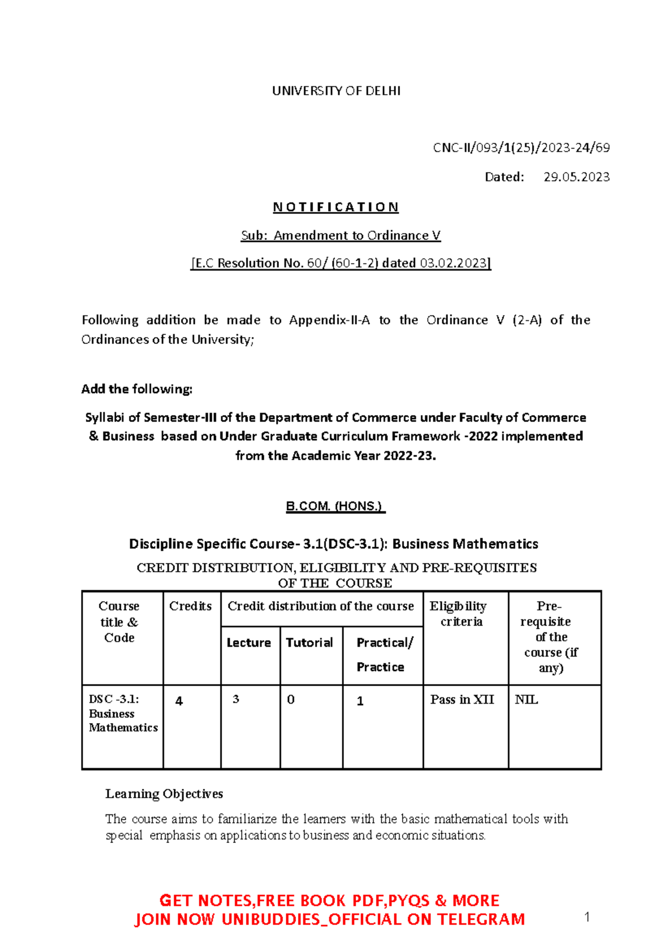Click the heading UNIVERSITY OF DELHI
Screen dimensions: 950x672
[x=336, y=91]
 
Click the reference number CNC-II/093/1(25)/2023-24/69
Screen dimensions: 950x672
[x=521, y=148]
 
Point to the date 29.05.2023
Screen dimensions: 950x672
[x=576, y=177]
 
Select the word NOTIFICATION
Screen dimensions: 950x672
[x=336, y=207]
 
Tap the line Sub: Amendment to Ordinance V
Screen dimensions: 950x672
[x=340, y=236]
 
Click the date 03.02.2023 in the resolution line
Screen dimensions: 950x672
[x=455, y=263]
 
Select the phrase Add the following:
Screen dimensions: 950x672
[x=137, y=389]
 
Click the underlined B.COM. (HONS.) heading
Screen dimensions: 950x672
[x=335, y=506]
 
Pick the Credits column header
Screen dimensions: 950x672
[x=190, y=606]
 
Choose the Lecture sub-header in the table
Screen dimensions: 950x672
[x=249, y=643]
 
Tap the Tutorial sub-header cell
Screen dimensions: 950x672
[x=309, y=643]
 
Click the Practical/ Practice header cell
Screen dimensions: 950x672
[x=384, y=654]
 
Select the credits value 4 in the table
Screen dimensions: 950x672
[x=179, y=701]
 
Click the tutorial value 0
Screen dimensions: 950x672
[x=291, y=700]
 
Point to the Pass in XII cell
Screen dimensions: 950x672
[x=462, y=700]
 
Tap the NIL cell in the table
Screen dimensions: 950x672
[x=526, y=700]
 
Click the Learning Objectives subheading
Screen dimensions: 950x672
[x=164, y=794]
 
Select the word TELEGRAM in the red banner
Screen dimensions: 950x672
[x=481, y=919]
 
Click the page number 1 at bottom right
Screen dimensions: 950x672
[x=587, y=917]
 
